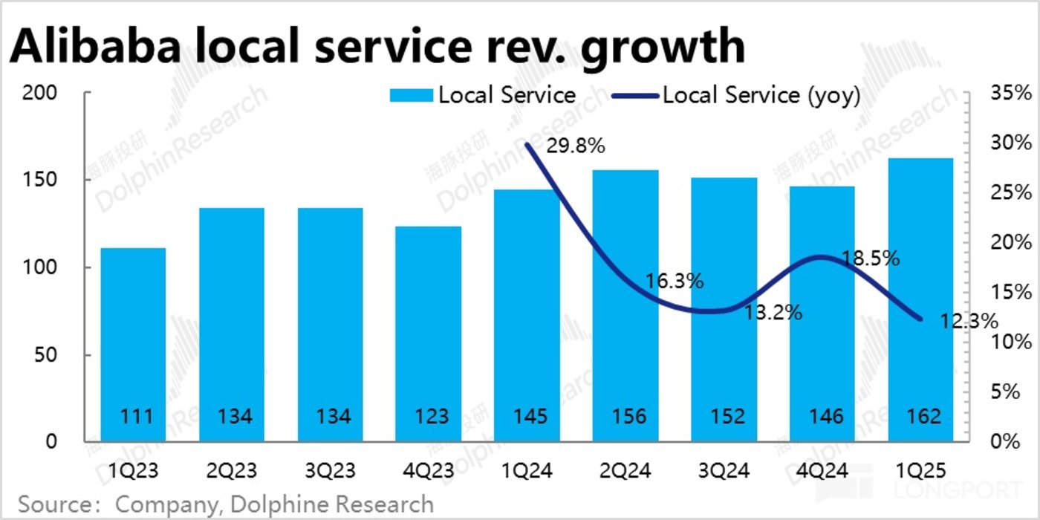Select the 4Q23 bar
[x=429, y=334]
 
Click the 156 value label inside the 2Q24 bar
[x=625, y=415]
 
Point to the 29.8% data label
[x=575, y=146]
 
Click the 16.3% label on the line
[x=675, y=282]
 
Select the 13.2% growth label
[x=773, y=313]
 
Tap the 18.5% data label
[x=871, y=259]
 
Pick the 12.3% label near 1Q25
[x=967, y=322]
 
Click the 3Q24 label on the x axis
[x=724, y=471]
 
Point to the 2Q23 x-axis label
[x=232, y=471]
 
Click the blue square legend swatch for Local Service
[x=411, y=96]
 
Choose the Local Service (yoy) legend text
[x=761, y=96]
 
